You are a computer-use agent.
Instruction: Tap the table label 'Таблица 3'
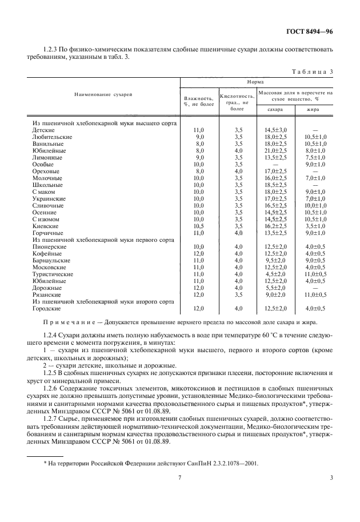[313, 71]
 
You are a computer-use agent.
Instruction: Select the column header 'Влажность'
[198, 98]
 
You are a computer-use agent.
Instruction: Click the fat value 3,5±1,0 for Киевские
[315, 226]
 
